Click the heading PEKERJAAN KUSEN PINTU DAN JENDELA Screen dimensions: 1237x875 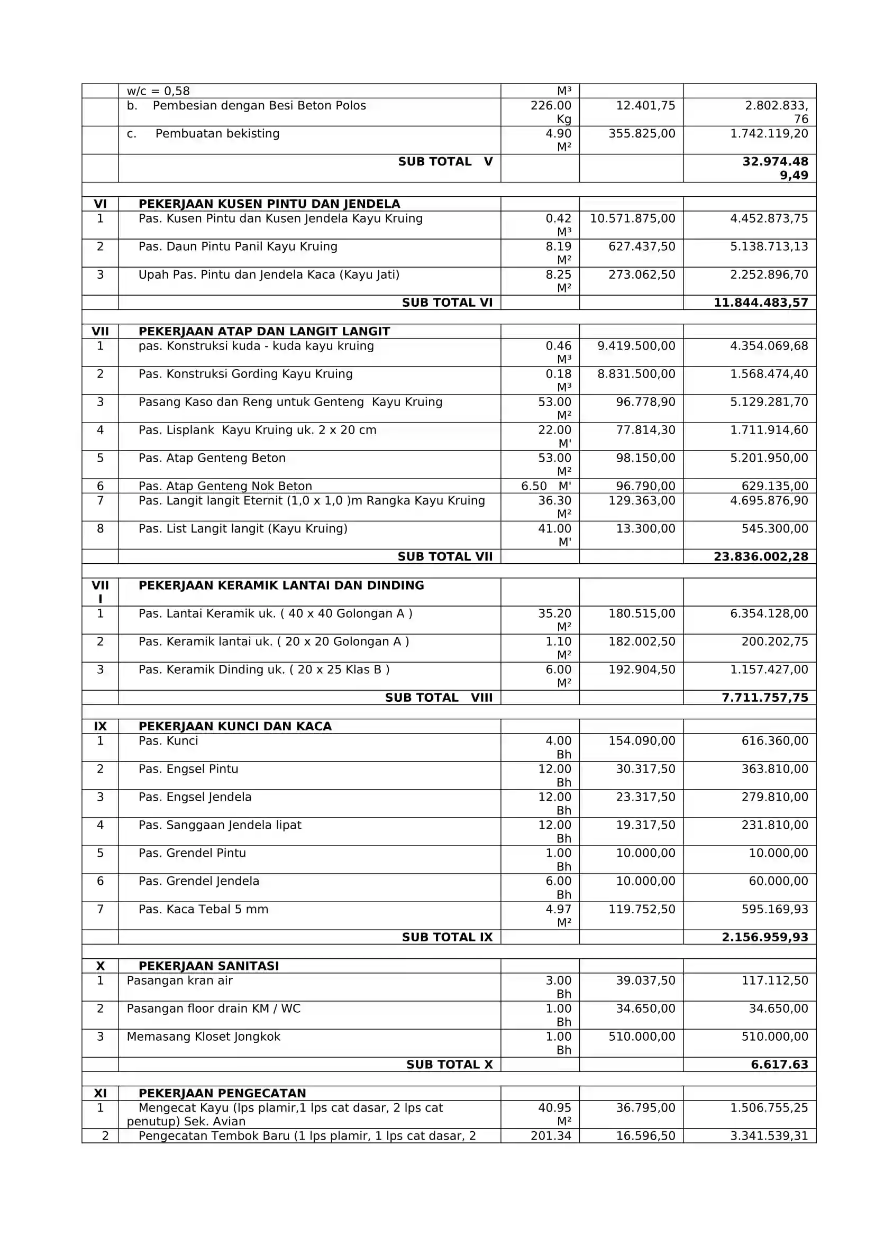pos(269,204)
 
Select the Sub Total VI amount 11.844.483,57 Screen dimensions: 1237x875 pos(760,303)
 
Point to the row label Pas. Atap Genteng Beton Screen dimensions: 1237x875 pos(212,458)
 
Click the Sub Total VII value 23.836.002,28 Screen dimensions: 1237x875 pos(760,556)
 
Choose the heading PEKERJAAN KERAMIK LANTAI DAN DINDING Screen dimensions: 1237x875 pos(281,585)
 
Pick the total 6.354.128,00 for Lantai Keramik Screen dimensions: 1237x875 pos(769,613)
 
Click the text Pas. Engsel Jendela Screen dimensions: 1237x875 pos(195,797)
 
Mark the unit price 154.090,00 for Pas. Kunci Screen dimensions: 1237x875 pos(642,741)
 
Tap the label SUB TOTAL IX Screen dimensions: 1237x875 pos(446,937)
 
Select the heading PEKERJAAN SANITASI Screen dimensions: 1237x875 pos(208,966)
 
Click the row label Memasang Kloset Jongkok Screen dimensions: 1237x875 pos(203,1037)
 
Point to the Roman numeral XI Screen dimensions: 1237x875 pos(100,1093)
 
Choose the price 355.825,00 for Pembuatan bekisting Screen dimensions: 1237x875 pos(642,134)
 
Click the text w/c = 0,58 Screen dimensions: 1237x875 pos(158,91)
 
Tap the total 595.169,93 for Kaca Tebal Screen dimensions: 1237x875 pos(774,909)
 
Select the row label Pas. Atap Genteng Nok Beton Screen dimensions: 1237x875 pos(225,486)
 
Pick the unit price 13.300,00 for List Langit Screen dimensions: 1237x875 pos(645,528)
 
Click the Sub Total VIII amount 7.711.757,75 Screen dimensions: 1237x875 pos(764,698)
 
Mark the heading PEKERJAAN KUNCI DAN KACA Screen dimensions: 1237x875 pos(235,726)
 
